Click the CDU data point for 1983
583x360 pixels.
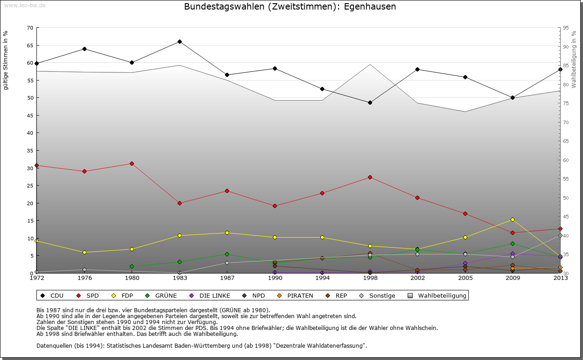coord(179,42)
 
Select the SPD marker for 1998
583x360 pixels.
coord(370,177)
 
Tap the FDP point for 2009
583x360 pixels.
coord(512,219)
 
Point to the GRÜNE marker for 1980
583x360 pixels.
coord(132,266)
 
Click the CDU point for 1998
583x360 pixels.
coord(370,102)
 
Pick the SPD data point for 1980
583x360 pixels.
coord(132,163)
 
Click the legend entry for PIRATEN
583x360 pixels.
coord(300,296)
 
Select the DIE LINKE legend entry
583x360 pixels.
coord(215,296)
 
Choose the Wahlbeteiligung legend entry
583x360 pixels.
coord(442,296)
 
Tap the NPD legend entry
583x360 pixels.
coord(258,296)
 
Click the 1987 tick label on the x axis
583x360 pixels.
coord(227,278)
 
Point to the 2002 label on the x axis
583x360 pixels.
coord(417,278)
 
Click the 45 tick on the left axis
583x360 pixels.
coord(30,116)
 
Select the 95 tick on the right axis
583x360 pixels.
coord(566,28)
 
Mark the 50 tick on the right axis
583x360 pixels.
coord(566,198)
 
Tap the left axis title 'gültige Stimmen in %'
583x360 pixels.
coord(6,61)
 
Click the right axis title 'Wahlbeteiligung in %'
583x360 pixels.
coord(574,59)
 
